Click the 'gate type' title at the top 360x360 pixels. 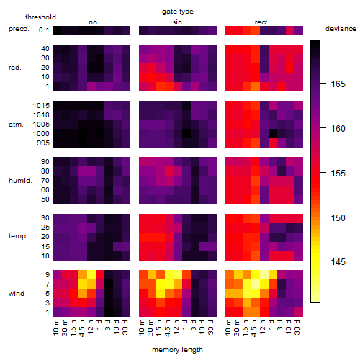point(178,12)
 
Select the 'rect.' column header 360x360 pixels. point(262,22)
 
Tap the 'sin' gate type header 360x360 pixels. point(177,22)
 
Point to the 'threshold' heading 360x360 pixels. point(40,17)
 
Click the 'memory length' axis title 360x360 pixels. point(178,350)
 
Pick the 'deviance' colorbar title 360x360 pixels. point(341,29)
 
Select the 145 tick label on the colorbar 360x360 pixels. point(338,261)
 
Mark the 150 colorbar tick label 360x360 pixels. point(338,218)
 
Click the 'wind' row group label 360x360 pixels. point(17,294)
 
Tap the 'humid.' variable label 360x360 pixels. point(20,181)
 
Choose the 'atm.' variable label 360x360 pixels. point(16,125)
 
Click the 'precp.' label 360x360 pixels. point(19,29)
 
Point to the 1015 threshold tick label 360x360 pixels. point(41,106)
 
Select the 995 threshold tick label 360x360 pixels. point(43,143)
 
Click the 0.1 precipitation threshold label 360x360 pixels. point(44,30)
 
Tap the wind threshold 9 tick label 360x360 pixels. point(48,274)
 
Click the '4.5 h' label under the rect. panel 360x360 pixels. point(254,328)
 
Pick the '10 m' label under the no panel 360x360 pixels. point(55,327)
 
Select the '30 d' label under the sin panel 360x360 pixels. point(211,327)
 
